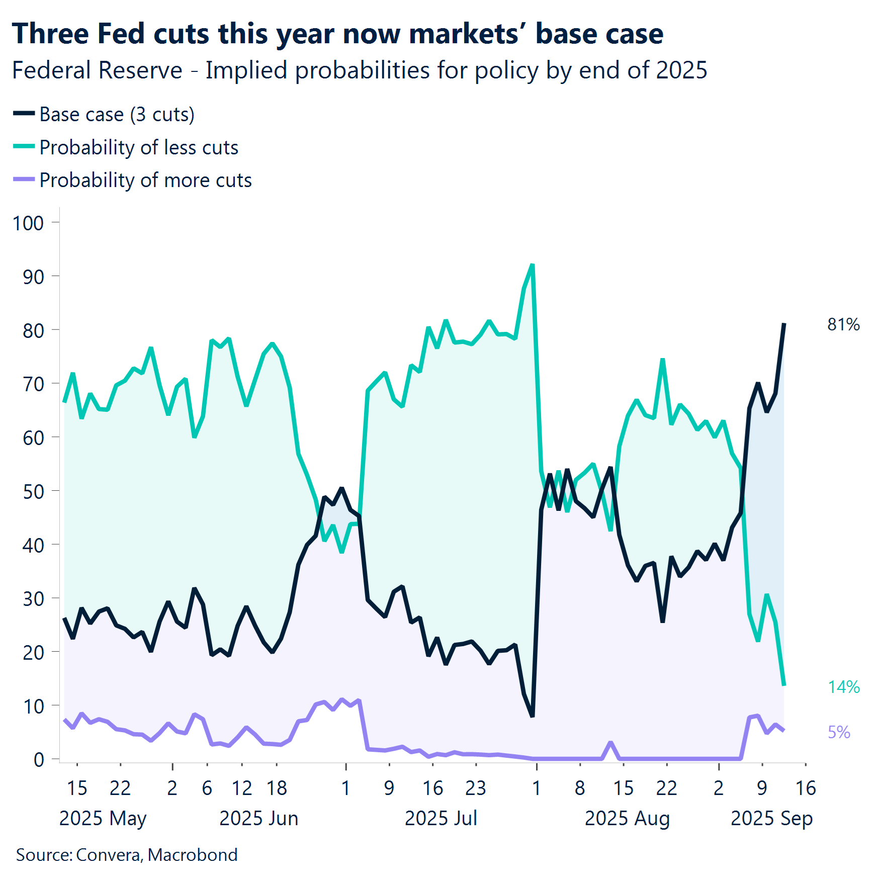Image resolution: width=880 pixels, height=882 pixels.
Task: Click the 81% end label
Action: click(x=843, y=325)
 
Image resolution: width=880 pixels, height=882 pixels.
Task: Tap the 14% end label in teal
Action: click(x=843, y=687)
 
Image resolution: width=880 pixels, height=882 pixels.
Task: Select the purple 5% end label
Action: click(x=839, y=732)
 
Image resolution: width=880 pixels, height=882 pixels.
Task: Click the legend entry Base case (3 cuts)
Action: click(x=117, y=115)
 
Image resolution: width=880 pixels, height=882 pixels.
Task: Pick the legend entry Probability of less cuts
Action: click(x=138, y=148)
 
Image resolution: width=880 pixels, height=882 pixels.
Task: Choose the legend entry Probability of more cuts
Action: click(x=145, y=181)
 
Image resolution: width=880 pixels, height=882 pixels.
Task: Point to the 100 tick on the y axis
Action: click(x=28, y=223)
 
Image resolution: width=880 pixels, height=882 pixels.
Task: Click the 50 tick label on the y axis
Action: click(x=33, y=491)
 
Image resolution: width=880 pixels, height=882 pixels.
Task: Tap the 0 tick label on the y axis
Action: click(x=39, y=759)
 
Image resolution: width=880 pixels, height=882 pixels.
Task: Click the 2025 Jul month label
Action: click(x=441, y=818)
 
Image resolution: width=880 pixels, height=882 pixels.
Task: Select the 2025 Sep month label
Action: click(x=771, y=818)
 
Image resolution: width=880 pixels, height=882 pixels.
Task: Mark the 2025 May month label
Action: click(x=103, y=818)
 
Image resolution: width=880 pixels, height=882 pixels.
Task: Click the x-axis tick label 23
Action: click(x=475, y=788)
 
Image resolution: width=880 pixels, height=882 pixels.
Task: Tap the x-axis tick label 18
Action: click(x=277, y=788)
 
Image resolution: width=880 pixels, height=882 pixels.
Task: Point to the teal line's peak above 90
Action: click(x=532, y=264)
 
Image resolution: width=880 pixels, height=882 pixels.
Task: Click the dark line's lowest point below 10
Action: click(x=532, y=716)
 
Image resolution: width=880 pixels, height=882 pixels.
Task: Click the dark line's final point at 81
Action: click(x=784, y=324)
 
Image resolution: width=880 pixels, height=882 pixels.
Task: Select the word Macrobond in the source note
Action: click(x=193, y=855)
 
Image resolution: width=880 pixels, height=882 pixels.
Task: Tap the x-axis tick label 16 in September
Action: click(x=805, y=788)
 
